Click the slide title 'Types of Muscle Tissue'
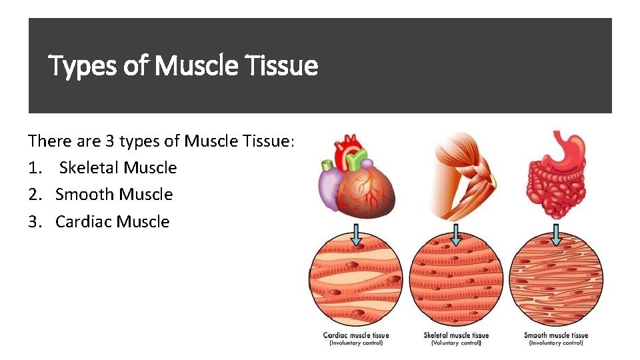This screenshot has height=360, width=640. coord(184,66)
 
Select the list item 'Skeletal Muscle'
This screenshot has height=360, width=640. coord(118,167)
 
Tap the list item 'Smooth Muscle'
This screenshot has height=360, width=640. coord(114,195)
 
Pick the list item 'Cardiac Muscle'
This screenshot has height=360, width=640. coord(113,221)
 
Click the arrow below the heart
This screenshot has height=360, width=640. coord(357,235)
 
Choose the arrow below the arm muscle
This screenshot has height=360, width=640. coord(456,235)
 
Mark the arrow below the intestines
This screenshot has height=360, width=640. coord(556,235)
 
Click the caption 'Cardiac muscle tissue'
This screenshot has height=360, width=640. coord(356,335)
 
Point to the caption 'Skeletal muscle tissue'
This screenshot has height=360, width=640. coord(456,335)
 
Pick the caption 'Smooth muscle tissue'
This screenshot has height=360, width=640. coord(556,335)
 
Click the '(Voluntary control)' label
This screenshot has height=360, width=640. coord(456,343)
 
